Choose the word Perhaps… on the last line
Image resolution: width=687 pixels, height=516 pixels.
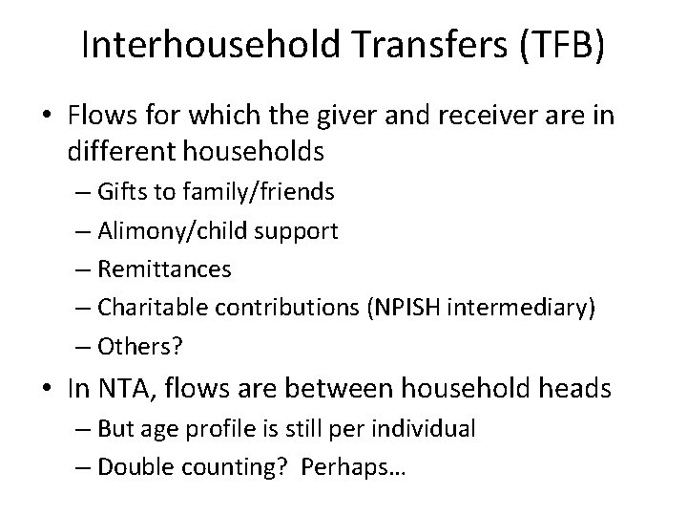(357, 467)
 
